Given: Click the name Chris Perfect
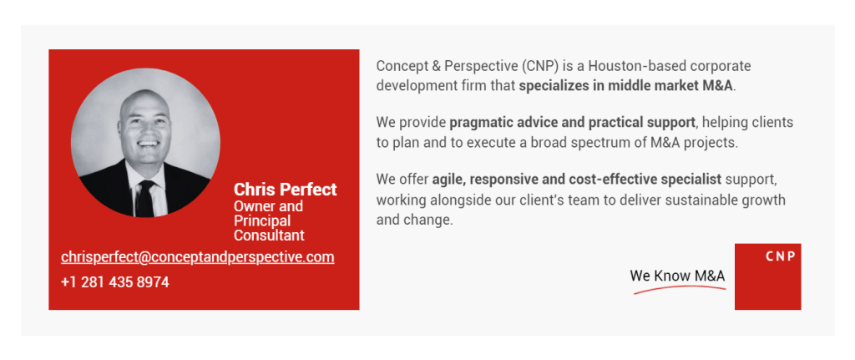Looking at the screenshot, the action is pyautogui.click(x=286, y=190).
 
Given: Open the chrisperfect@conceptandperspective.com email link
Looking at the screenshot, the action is pyautogui.click(x=197, y=257).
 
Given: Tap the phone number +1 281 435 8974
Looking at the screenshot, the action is pyautogui.click(x=115, y=282).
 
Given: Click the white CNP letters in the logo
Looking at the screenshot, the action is pyautogui.click(x=781, y=256).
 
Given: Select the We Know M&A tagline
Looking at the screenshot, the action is pyautogui.click(x=677, y=276).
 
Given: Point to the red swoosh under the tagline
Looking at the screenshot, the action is pyautogui.click(x=680, y=289).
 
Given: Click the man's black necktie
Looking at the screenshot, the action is pyautogui.click(x=145, y=198).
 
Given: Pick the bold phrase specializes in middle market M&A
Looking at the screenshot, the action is pyautogui.click(x=626, y=86).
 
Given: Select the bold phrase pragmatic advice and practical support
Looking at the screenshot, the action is pyautogui.click(x=572, y=123).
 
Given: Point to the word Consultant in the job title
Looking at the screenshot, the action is pyautogui.click(x=269, y=236).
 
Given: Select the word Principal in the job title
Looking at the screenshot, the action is pyautogui.click(x=262, y=221).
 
